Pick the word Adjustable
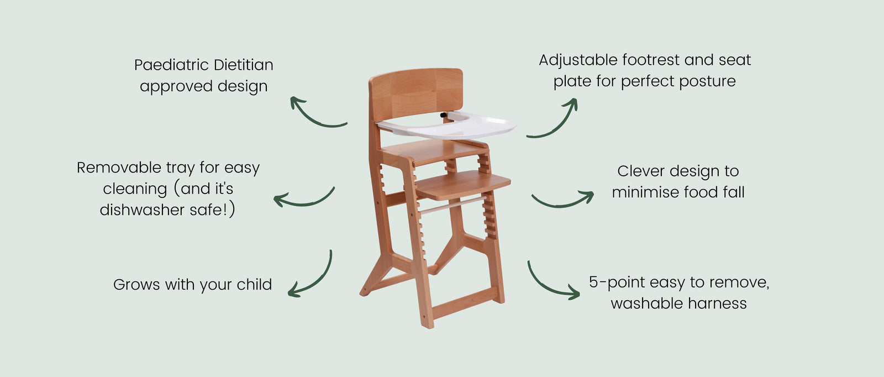coord(578,60)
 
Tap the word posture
coord(708,82)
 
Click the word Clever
coord(641,171)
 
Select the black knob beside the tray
coord(444,116)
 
